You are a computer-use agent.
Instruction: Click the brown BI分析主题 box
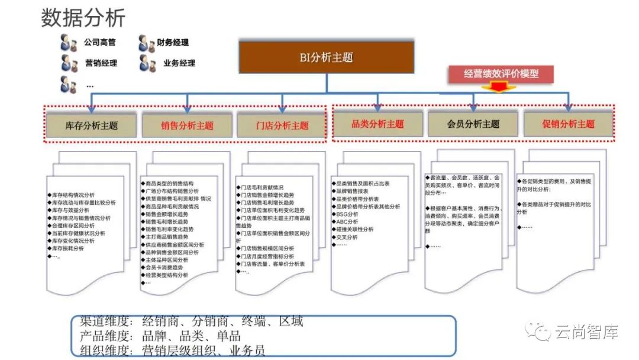pos(326,57)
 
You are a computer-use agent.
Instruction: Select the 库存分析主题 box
pos(91,126)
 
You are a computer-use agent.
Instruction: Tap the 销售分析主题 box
pos(186,126)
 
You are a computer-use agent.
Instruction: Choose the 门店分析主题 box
pos(282,126)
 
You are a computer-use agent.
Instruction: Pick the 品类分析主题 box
pos(377,124)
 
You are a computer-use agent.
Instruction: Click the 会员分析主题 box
pos(473,124)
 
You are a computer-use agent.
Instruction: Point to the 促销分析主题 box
pos(568,124)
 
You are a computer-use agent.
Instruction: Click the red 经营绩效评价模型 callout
pos(501,74)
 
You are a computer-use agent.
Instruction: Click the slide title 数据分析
pos(83,18)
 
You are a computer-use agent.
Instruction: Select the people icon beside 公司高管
pos(69,43)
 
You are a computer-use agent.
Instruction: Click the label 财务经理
pos(173,43)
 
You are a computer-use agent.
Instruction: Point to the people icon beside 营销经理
pos(69,63)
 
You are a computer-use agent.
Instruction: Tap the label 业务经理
pos(179,63)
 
